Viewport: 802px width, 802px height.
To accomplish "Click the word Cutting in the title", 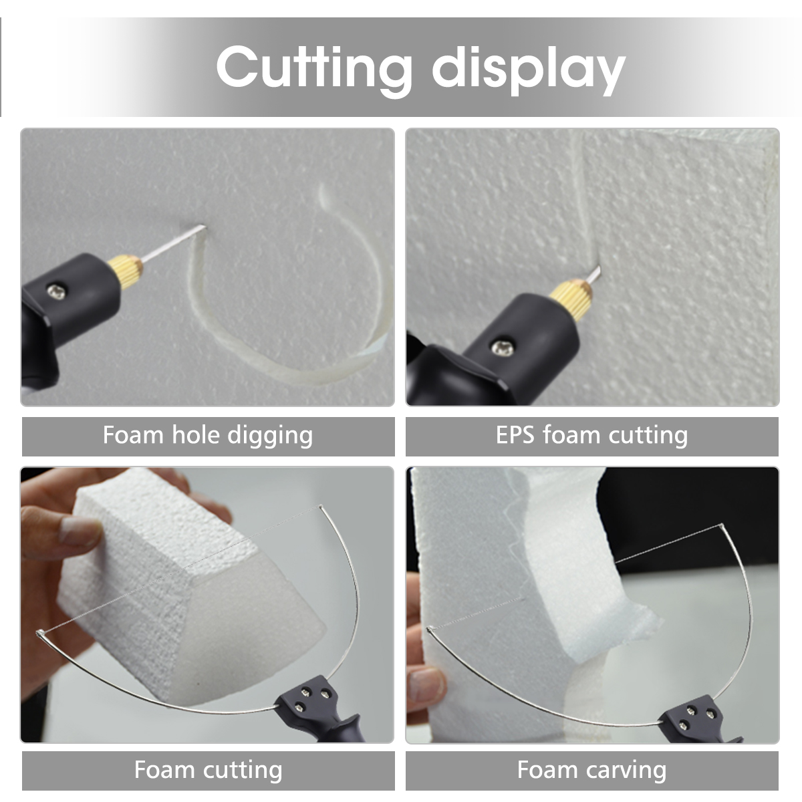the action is click(x=313, y=69).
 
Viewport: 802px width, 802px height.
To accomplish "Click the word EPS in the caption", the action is click(x=515, y=435).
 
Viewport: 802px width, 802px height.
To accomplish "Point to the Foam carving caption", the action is click(x=591, y=770).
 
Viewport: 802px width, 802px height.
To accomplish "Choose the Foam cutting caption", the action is click(x=208, y=770).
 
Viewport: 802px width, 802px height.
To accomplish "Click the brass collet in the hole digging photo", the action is click(x=125, y=271).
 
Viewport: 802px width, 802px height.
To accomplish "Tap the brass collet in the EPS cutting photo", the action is click(x=571, y=299).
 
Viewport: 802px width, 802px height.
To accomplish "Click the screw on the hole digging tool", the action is click(x=56, y=291).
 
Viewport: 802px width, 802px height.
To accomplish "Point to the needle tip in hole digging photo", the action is click(x=205, y=227).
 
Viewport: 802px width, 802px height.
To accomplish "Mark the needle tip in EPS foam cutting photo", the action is click(x=599, y=267).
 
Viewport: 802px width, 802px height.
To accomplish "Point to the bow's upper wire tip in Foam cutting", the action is click(x=321, y=507).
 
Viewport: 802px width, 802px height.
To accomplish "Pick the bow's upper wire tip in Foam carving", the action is click(x=722, y=526).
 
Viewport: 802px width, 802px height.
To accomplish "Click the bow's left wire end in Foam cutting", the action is click(x=39, y=634).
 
